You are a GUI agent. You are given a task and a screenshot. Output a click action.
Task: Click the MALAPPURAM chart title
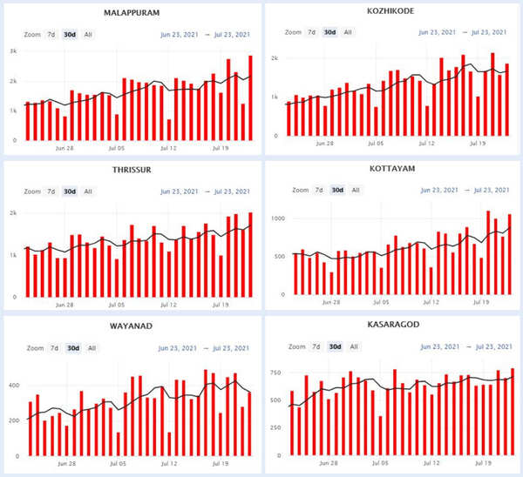point(135,13)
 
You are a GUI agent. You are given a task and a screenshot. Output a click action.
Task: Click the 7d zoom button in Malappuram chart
point(52,35)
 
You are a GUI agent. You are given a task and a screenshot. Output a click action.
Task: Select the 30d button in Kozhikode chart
point(329,32)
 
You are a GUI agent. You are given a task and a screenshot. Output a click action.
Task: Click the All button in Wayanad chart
point(91,348)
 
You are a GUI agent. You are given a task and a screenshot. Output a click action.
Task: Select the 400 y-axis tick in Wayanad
point(13,384)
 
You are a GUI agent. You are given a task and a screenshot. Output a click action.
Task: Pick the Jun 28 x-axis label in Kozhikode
point(325,144)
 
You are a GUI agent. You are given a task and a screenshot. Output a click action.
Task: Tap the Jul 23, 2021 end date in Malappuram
point(232,35)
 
